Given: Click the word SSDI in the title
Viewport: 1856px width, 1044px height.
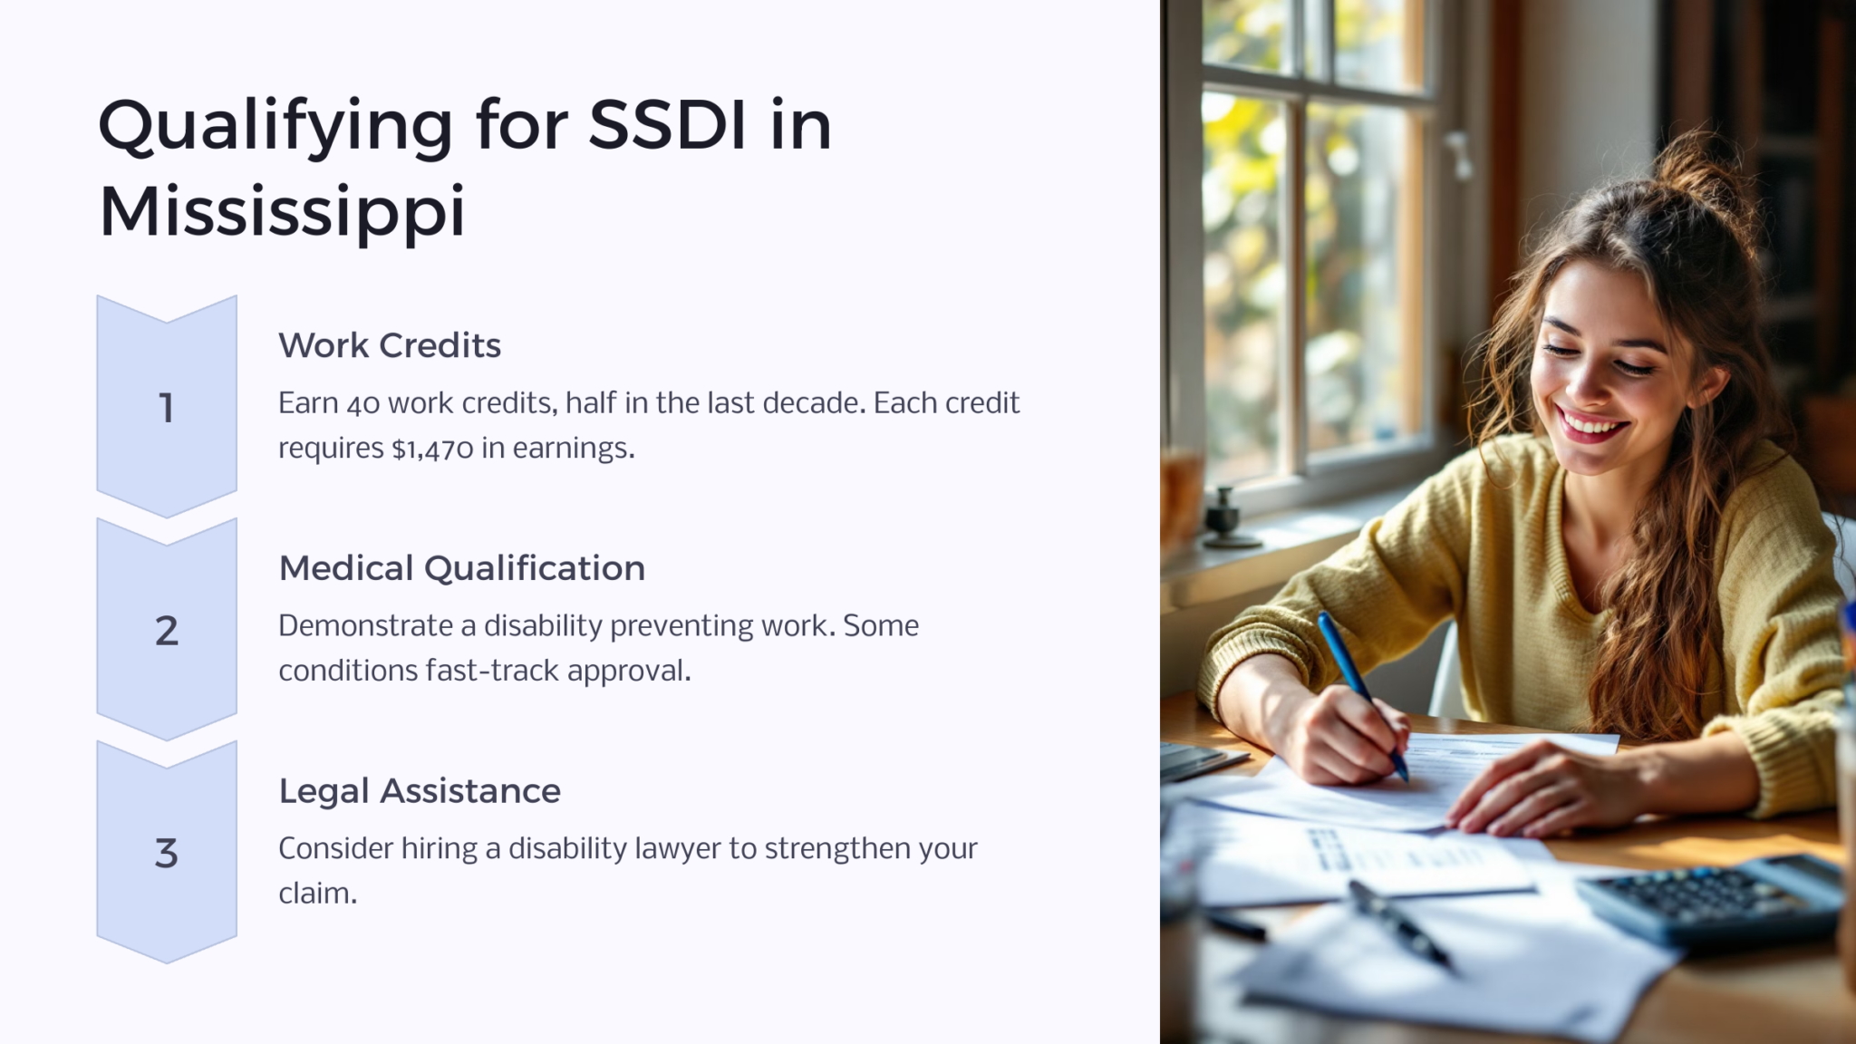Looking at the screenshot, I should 668,125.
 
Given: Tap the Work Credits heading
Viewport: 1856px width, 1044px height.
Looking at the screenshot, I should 390,345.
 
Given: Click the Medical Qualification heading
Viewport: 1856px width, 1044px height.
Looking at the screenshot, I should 461,568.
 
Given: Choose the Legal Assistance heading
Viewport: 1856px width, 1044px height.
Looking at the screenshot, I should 420,791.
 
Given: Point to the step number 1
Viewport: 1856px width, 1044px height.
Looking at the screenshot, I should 167,408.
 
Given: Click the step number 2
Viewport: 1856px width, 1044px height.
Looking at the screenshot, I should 167,631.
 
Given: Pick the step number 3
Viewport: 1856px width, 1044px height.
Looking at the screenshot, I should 167,854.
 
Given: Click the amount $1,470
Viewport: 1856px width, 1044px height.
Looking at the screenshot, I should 432,449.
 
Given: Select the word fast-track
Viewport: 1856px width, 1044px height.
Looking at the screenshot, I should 492,671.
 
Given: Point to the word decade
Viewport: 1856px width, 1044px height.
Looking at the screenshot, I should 813,403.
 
